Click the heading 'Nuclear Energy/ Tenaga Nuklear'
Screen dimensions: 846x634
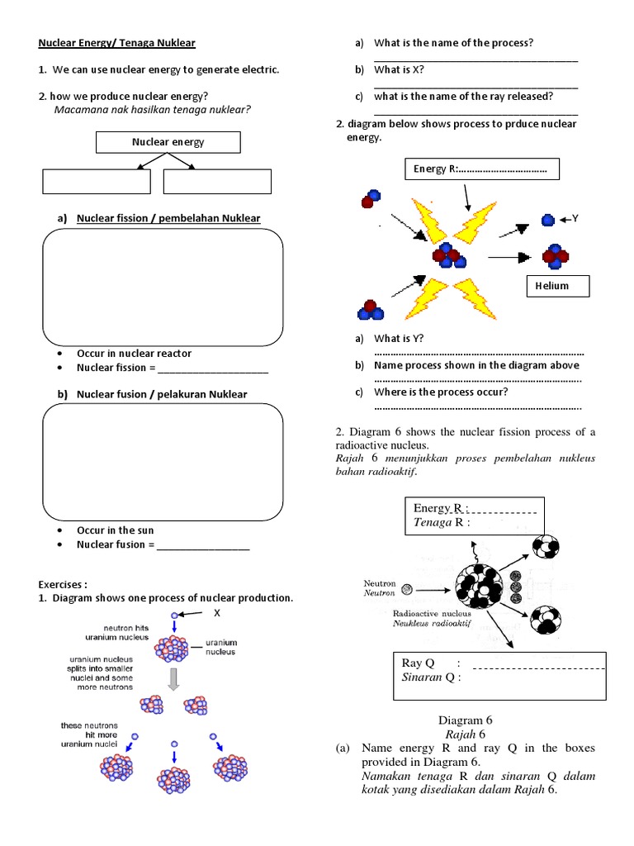tap(118, 43)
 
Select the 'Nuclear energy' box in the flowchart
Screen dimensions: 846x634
tap(168, 142)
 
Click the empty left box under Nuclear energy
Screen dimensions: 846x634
tap(97, 182)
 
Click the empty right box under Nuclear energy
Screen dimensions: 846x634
tap(217, 182)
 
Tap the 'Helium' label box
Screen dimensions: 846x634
tap(558, 286)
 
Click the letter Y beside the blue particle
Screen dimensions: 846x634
tap(575, 219)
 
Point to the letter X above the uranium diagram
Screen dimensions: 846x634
tap(218, 614)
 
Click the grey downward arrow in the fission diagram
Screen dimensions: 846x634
tap(174, 678)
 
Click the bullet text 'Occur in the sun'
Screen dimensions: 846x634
tap(115, 530)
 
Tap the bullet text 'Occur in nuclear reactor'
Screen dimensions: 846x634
tap(134, 354)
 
